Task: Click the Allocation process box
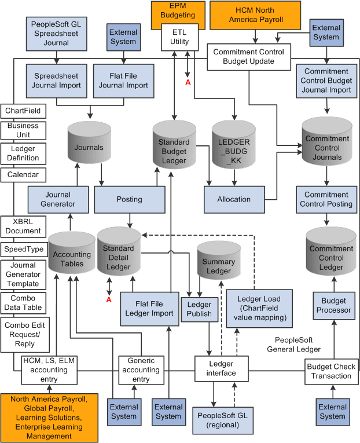tap(234, 199)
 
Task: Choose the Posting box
tap(129, 199)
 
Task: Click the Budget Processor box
tap(333, 305)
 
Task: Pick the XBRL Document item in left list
tap(23, 226)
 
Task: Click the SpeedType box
tap(23, 250)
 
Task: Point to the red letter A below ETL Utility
tap(187, 82)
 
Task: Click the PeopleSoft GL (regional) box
tap(223, 419)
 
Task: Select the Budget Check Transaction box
tap(332, 371)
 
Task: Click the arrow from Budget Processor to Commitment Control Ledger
tap(333, 284)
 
